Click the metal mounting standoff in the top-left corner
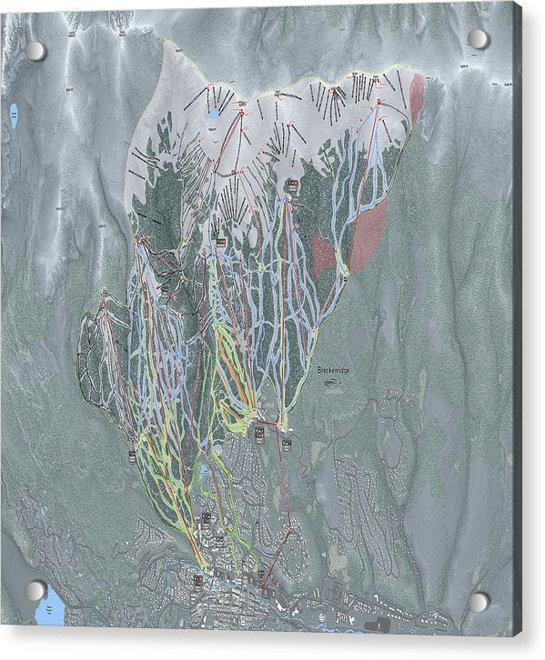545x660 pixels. tap(35, 51)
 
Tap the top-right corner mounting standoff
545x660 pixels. tap(479, 39)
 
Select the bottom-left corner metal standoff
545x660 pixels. tap(35, 590)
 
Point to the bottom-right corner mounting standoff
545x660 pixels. tap(478, 601)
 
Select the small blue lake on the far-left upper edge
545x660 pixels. tap(14, 115)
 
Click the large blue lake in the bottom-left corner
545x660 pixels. tap(51, 606)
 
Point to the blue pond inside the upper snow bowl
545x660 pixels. tap(212, 115)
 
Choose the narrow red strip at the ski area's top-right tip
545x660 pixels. tap(417, 98)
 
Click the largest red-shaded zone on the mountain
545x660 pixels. tap(368, 236)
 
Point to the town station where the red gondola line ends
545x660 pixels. tap(261, 590)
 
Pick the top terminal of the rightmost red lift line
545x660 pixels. tap(378, 105)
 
